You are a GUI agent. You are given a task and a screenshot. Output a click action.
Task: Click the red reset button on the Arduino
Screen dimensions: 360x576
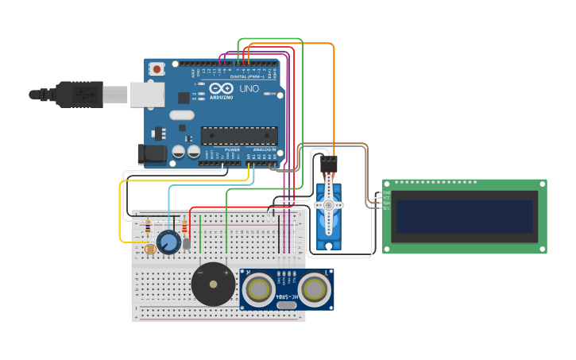pos(157,69)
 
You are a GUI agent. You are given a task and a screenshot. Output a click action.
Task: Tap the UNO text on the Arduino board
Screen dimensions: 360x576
pos(249,88)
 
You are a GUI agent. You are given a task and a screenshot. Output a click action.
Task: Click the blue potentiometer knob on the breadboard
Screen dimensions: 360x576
pos(168,242)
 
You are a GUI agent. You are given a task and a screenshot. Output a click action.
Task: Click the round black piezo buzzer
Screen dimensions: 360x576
pos(213,284)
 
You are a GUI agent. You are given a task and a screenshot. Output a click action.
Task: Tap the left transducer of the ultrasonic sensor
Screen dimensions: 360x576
pos(259,289)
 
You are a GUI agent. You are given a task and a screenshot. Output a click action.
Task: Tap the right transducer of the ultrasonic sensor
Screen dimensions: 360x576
pos(315,288)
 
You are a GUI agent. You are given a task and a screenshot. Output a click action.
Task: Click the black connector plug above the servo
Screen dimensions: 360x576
pos(328,165)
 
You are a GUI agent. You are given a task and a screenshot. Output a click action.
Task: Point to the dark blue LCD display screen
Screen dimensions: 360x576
pos(465,216)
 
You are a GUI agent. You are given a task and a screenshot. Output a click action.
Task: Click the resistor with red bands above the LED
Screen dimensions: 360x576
pos(186,227)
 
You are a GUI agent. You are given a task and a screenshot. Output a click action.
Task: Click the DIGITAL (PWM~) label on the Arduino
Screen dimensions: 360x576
pos(248,75)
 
